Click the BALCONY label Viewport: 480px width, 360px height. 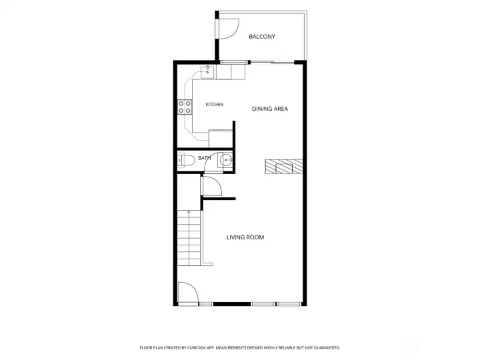(262, 37)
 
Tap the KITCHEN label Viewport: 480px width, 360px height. (215, 105)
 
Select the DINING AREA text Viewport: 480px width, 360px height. (270, 109)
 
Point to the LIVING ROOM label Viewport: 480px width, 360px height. (245, 237)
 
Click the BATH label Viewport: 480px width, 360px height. (204, 158)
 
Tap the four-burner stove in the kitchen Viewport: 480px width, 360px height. (185, 107)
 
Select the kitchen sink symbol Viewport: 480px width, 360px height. (207, 72)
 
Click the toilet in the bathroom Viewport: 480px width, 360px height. (186, 161)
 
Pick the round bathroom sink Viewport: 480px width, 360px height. (225, 160)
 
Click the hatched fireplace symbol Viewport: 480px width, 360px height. (284, 167)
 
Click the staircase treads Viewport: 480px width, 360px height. (189, 238)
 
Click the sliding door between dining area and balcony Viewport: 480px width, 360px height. (273, 63)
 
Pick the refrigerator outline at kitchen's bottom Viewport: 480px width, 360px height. (221, 139)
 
